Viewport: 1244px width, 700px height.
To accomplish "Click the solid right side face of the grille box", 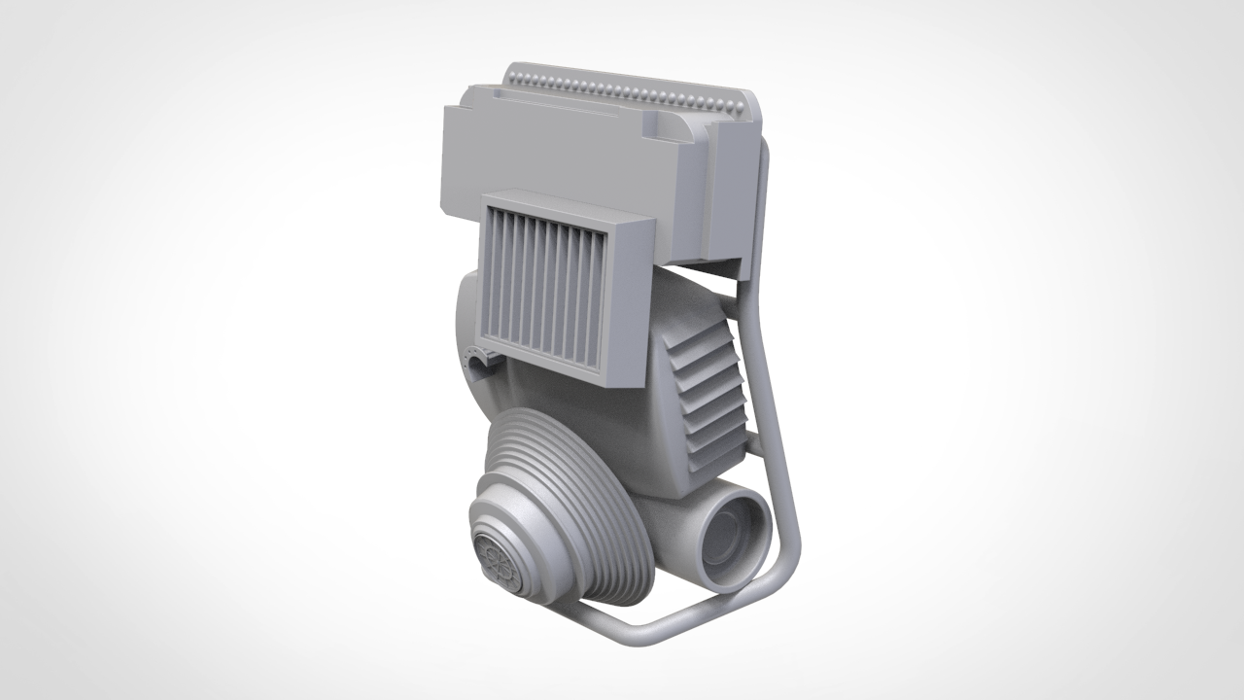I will point(628,301).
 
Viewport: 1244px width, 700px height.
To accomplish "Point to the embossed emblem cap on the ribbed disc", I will point(500,561).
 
